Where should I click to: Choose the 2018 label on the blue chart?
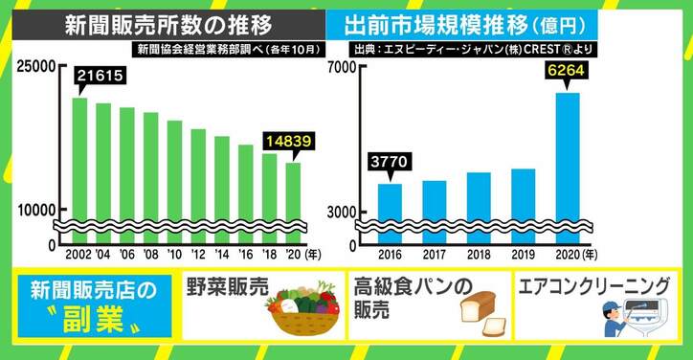(x=479, y=256)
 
